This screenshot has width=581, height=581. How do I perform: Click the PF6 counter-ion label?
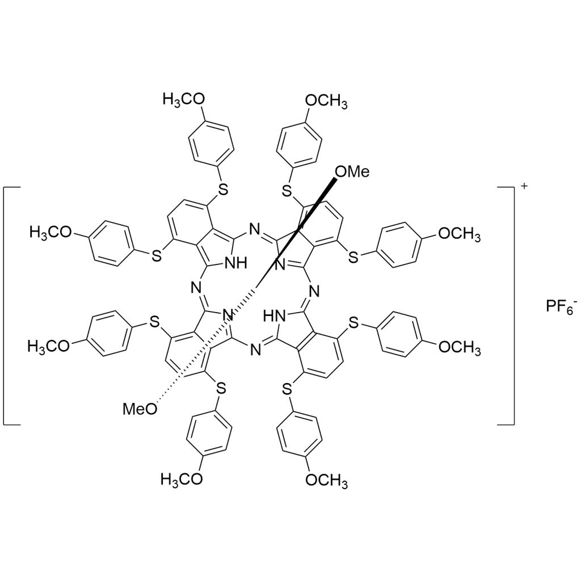tap(561, 307)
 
